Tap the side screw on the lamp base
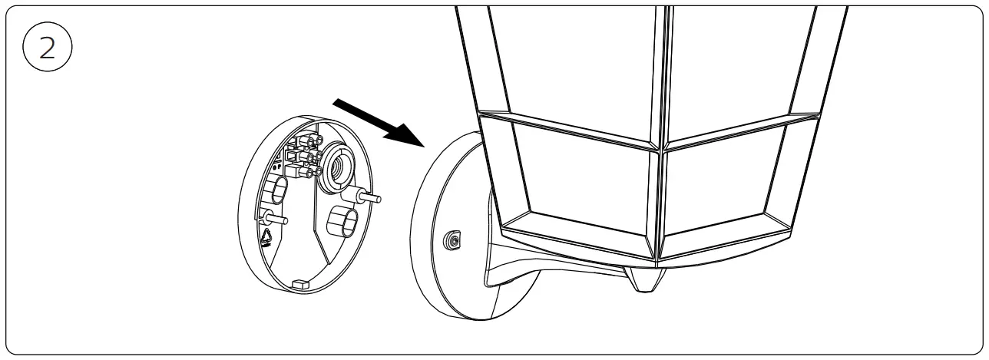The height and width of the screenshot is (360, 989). [454, 241]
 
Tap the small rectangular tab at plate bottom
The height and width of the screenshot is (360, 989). [300, 285]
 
